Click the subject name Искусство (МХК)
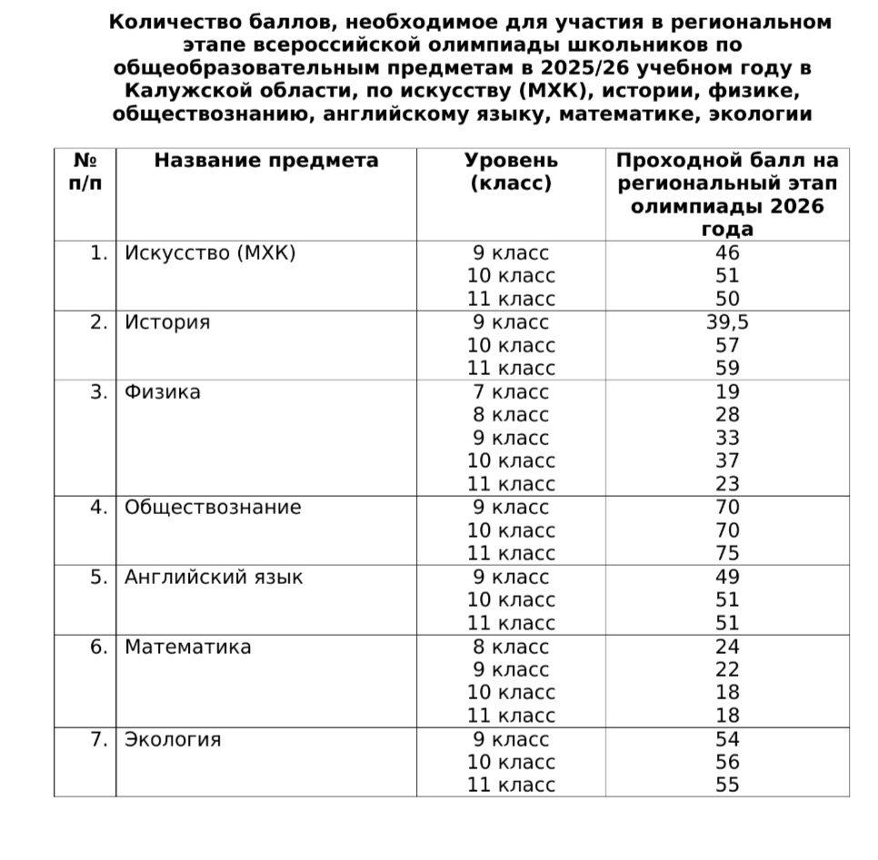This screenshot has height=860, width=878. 210,253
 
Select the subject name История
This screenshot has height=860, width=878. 167,322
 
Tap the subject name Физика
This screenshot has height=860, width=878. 163,392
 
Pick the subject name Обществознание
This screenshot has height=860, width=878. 213,507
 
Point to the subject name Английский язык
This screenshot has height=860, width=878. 214,577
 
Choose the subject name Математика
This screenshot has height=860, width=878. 188,647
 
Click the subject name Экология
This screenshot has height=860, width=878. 173,739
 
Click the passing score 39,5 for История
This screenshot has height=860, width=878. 727,322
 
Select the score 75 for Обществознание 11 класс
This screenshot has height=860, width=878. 727,553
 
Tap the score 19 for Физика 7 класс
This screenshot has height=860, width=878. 727,392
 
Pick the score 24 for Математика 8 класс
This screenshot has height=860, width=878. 727,647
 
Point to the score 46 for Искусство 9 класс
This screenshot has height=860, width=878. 727,253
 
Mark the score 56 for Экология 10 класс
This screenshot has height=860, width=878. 727,762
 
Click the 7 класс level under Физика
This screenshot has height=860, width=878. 511,392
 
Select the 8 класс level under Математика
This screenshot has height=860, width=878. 511,647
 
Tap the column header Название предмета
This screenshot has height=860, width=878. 265,161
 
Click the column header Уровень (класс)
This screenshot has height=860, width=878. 511,172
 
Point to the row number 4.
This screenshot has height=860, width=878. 99,507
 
